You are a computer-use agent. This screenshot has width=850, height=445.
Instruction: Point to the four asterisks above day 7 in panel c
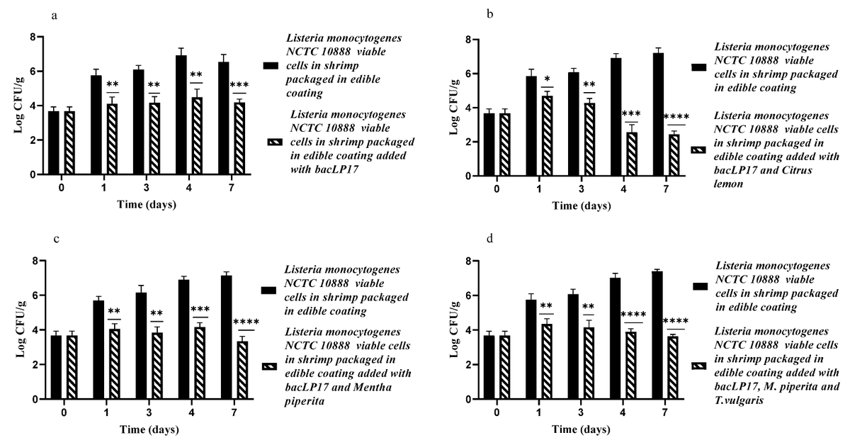click(249, 322)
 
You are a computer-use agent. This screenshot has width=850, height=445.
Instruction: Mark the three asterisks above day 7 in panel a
click(239, 86)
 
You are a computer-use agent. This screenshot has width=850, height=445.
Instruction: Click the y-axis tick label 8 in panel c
click(34, 261)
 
